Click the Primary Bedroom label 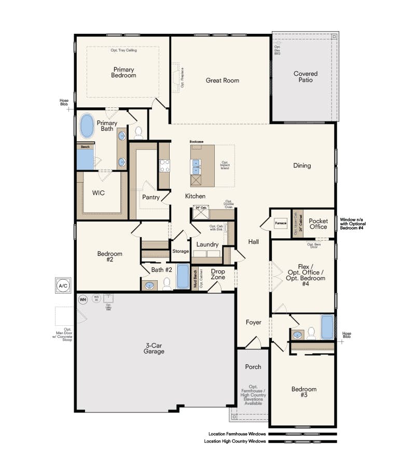point(123,72)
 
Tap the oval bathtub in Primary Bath point(87,126)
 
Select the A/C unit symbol point(63,285)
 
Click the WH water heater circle point(82,299)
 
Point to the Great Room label point(222,80)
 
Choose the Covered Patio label point(305,77)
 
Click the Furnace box point(281,223)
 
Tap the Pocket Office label point(318,224)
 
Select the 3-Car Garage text point(154,348)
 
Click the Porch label point(253,367)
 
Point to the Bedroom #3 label point(303,392)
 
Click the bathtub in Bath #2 point(183,276)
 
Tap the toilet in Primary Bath point(139,134)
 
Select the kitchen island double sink point(196,166)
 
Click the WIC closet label point(99,193)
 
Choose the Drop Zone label point(218,274)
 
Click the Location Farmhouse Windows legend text point(237,434)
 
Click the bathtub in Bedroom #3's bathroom point(328,327)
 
